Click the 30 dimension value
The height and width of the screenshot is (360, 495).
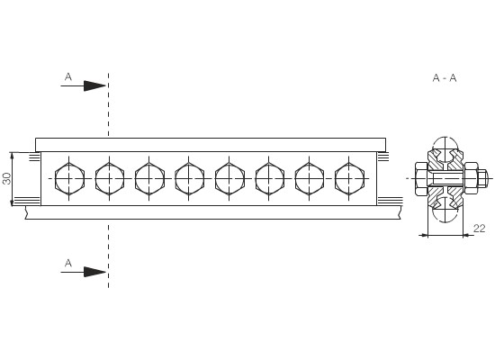[x=6, y=178]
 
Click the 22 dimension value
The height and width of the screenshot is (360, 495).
[x=479, y=229]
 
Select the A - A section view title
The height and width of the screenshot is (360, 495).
[x=445, y=77]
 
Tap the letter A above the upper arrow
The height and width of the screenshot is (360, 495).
[x=68, y=76]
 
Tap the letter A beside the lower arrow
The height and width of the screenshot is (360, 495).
[x=68, y=263]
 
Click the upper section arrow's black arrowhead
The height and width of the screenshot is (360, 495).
[x=94, y=85]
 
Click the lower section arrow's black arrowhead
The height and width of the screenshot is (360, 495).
[x=94, y=272]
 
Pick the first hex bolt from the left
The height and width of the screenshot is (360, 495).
[x=69, y=179]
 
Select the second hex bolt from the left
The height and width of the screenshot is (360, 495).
[x=110, y=179]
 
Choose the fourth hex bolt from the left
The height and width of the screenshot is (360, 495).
[x=189, y=179]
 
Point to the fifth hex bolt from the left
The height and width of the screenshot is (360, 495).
[x=229, y=179]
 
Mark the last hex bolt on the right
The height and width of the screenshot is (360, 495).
[x=349, y=179]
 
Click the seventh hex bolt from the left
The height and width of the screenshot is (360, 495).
[x=310, y=179]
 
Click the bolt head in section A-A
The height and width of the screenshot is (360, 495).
[x=421, y=178]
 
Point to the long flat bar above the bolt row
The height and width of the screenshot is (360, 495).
[x=211, y=145]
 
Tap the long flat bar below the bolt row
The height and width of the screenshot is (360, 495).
[x=213, y=212]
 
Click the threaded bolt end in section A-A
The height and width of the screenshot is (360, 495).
[x=482, y=178]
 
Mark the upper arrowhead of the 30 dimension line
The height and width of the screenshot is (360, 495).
[x=12, y=155]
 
